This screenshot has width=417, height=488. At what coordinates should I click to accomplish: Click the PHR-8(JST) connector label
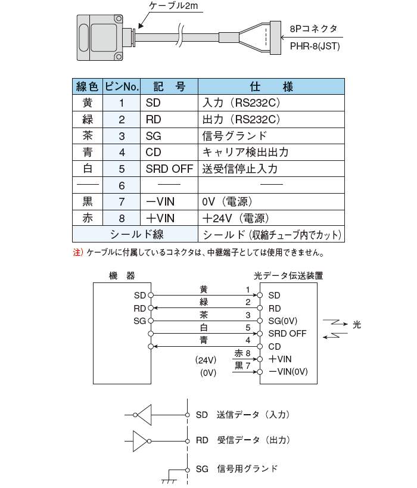click(x=315, y=46)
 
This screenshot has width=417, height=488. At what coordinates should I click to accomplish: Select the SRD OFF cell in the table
click(x=169, y=169)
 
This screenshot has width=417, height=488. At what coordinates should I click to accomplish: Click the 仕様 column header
click(x=271, y=86)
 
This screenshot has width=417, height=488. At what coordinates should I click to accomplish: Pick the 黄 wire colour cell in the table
click(x=88, y=103)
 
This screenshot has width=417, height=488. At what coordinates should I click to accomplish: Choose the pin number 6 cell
click(x=122, y=185)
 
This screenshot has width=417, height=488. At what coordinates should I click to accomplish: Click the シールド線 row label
click(x=136, y=235)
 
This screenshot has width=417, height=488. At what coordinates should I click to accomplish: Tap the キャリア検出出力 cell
click(x=245, y=153)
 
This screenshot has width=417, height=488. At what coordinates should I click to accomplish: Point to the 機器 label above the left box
click(x=122, y=276)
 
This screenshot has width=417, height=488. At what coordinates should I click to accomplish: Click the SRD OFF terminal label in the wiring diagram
click(x=287, y=334)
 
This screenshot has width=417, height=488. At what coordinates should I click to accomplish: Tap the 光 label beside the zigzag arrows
click(x=357, y=325)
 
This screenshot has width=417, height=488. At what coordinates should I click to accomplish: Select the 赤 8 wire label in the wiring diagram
click(x=242, y=353)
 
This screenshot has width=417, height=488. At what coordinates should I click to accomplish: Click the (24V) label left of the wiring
click(x=204, y=360)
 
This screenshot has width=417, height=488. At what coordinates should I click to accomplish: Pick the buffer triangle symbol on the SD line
click(x=145, y=414)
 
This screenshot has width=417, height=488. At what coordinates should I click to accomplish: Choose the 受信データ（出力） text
click(x=253, y=440)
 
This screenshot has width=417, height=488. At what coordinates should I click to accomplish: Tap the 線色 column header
click(x=88, y=86)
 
